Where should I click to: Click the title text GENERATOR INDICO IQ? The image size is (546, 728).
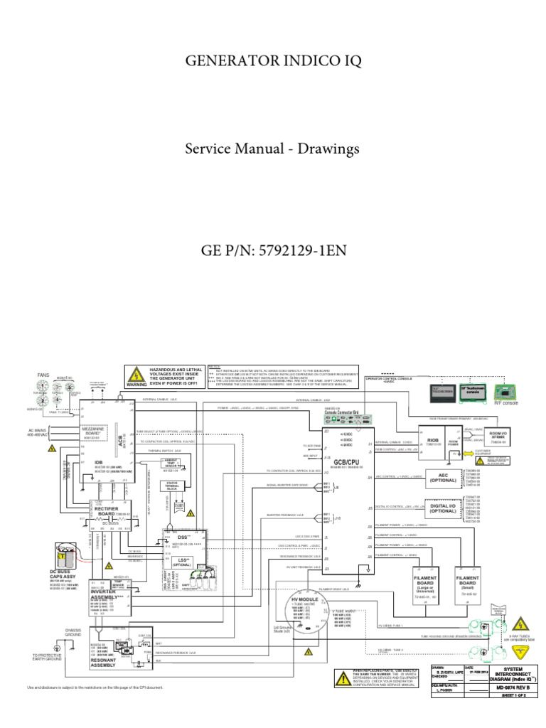274,62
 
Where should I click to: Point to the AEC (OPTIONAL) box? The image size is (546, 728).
444,478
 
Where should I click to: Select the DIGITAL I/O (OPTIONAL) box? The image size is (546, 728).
444,509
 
